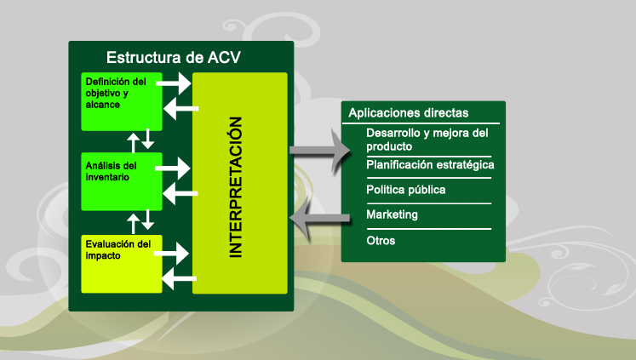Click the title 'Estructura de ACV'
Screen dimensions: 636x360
tap(174, 58)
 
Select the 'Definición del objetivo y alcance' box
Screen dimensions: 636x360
tap(122, 102)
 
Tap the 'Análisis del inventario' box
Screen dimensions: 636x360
tap(122, 181)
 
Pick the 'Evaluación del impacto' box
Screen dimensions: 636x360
tap(122, 264)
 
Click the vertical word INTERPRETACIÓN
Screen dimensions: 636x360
tap(236, 187)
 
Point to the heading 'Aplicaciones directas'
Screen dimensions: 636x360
tap(409, 112)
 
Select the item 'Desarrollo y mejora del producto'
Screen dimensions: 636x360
tap(427, 140)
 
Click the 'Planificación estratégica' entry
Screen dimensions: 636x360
tap(430, 165)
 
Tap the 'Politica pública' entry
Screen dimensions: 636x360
tap(405, 190)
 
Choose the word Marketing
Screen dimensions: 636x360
tap(392, 214)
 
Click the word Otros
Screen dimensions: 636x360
tap(381, 241)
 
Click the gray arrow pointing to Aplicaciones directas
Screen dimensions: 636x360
tap(319, 151)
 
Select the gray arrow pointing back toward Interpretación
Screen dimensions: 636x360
tap(319, 218)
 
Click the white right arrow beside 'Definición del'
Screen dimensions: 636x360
tap(173, 83)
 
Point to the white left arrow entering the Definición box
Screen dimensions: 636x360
tap(180, 109)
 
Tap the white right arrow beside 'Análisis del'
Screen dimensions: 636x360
tap(172, 169)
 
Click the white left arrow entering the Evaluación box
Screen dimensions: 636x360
tap(179, 278)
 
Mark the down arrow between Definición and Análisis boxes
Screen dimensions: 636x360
tap(147, 139)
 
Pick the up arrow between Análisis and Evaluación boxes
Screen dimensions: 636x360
tap(133, 224)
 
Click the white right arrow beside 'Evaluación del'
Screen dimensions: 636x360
tap(172, 254)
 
